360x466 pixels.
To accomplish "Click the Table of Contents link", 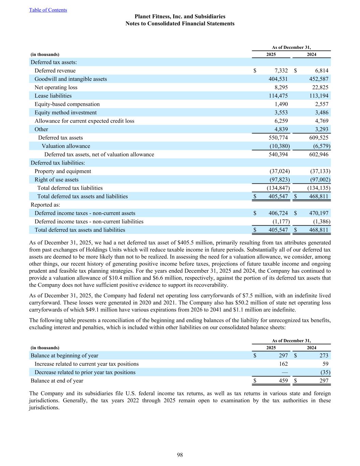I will pyautogui.click(x=48, y=10).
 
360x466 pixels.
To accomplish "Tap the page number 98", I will pyautogui.click(x=180, y=455).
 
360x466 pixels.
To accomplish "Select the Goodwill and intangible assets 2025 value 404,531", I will pyautogui.click(x=278, y=79).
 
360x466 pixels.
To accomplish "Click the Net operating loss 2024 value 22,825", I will pyautogui.click(x=319, y=87).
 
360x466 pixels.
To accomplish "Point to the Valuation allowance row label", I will pyautogui.click(x=66, y=146).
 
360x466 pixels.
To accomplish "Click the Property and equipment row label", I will pyautogui.click(x=63, y=171).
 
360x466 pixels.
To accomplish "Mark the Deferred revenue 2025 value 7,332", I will pyautogui.click(x=281, y=71).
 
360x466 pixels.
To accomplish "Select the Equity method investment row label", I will pyautogui.click(x=66, y=113).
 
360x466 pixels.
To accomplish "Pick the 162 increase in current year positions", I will pyautogui.click(x=283, y=364).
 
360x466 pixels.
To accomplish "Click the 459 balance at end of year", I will pyautogui.click(x=283, y=381).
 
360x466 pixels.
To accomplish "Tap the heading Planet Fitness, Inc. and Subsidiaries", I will pyautogui.click(x=180, y=16).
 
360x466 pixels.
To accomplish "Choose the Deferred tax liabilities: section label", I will pyautogui.click(x=58, y=163).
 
